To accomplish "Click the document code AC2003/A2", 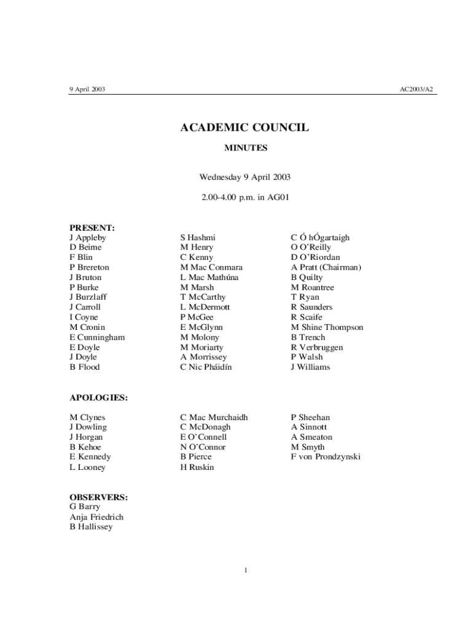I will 416,89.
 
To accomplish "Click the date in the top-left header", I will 87,89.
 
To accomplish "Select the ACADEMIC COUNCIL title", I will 244,128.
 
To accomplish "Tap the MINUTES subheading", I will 244,148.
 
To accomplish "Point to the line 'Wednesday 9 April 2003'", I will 244,178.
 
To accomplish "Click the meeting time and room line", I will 244,198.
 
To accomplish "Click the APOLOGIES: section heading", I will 98,398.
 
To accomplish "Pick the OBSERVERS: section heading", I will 98,497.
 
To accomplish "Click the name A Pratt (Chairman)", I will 326,267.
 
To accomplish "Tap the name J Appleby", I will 88,237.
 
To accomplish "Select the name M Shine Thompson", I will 327,327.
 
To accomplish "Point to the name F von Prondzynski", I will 326,457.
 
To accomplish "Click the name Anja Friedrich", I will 96,517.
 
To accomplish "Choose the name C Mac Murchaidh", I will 214,417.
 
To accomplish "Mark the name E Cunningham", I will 97,337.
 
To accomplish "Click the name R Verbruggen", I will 317,347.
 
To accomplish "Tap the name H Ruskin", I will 197,467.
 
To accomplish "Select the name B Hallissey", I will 91,527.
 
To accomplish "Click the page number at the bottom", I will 245,571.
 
